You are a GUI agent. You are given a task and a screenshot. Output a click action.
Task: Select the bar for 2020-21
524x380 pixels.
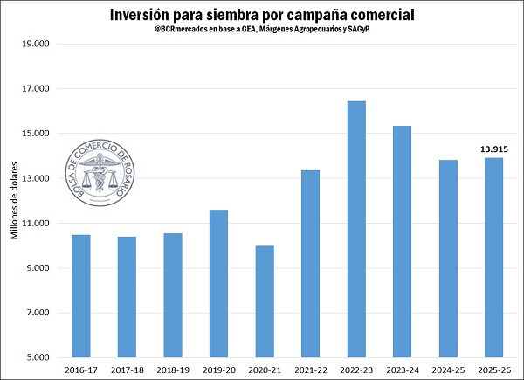coord(265,301)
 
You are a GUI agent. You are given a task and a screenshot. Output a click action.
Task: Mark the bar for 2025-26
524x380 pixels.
coord(491,257)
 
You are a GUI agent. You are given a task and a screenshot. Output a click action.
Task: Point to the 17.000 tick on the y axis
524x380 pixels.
coord(34,89)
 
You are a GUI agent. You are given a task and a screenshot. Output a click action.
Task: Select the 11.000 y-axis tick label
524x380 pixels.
coord(34,224)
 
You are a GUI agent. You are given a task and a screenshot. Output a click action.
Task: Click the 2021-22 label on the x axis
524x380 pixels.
coord(310,370)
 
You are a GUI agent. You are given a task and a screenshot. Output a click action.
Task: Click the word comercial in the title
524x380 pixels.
coord(377,15)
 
